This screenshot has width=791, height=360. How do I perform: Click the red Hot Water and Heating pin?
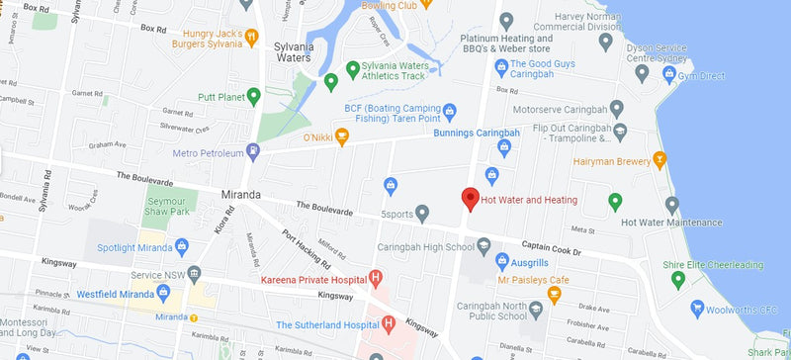point(471,198)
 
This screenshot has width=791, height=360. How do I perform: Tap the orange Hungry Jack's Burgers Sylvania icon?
point(252,37)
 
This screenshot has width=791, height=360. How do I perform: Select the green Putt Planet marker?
point(253,96)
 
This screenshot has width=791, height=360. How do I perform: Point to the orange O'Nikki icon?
point(342,135)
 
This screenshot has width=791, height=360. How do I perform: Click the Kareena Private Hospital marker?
point(375,279)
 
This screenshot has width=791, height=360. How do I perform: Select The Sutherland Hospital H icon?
point(389,323)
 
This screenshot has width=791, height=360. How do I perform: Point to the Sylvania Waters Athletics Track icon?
point(352,68)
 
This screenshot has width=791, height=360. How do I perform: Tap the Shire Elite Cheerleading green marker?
point(677,280)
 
